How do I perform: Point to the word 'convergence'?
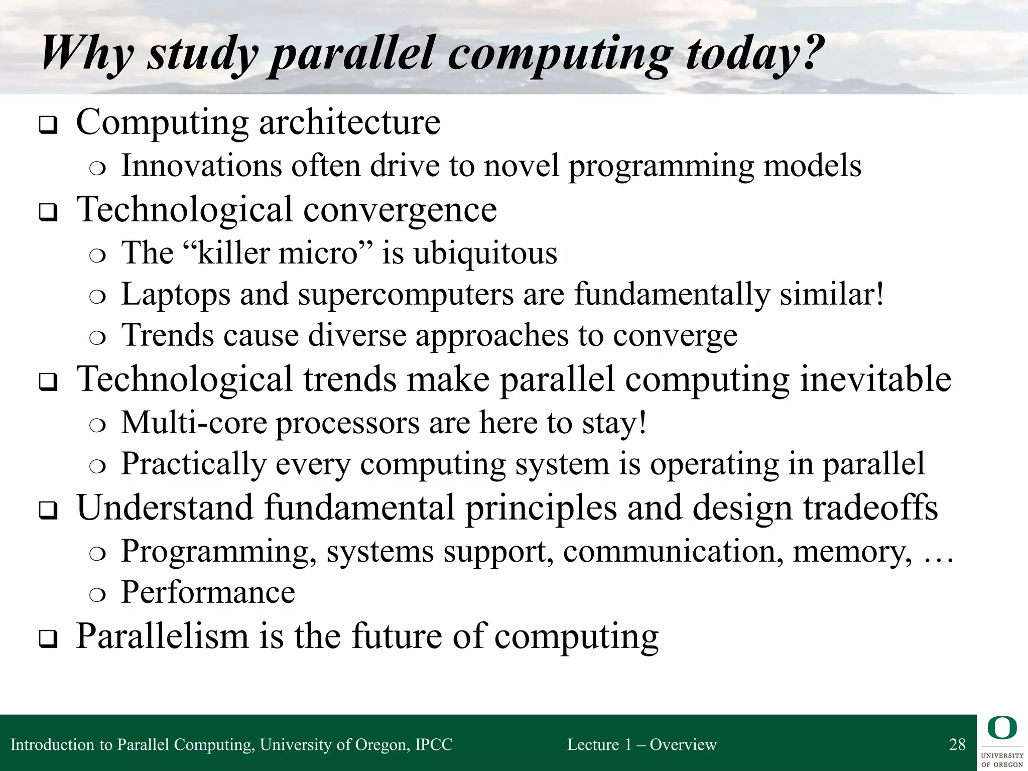coord(400,209)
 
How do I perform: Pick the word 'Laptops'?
coord(176,295)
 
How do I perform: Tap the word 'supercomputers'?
coord(406,295)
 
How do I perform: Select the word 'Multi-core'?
coord(194,423)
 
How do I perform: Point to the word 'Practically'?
coord(193,464)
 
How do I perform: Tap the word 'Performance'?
coord(208,592)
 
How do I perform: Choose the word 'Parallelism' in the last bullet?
coord(162,636)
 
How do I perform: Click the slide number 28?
coord(957,744)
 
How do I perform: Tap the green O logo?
coord(1002,728)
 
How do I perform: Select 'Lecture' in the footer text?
coord(593,744)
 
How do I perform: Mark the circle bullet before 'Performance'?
coord(97,595)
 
